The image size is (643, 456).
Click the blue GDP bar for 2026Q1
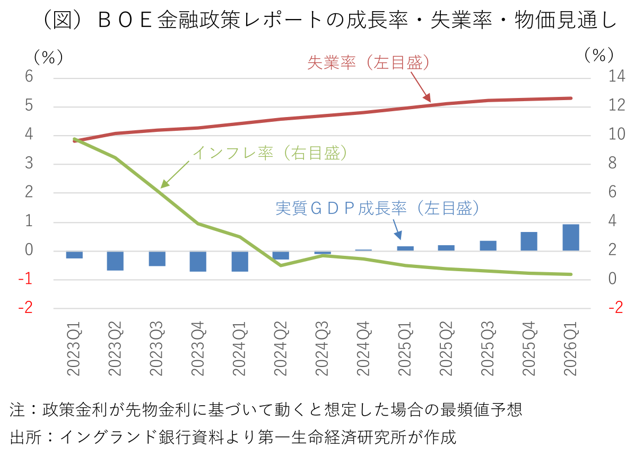click(571, 237)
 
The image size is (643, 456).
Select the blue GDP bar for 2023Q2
click(115, 261)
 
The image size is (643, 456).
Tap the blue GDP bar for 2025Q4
click(529, 241)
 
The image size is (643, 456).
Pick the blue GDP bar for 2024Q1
click(240, 261)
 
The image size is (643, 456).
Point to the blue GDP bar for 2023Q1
click(74, 255)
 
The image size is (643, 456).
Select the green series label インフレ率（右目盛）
click(270, 153)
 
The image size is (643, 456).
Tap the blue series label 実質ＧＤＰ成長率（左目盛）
click(378, 208)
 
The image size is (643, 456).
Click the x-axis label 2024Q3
click(323, 349)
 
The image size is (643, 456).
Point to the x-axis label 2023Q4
click(198, 349)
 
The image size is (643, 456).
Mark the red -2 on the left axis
click(25, 308)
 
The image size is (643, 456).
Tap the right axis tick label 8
click(612, 164)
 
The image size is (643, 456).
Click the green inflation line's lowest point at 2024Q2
click(281, 265)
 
